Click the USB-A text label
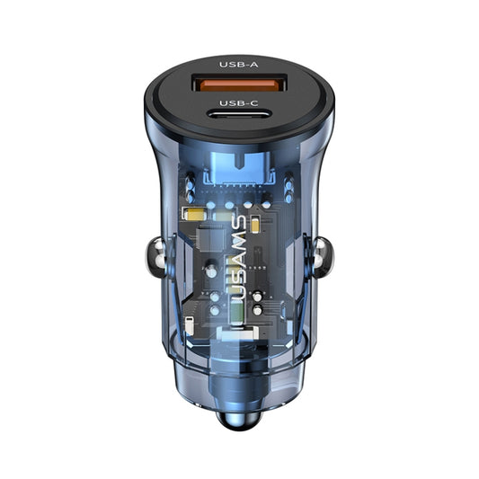tap(238, 65)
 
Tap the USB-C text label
tap(238, 103)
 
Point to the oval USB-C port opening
tap(238, 120)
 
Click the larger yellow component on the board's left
tap(192, 215)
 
